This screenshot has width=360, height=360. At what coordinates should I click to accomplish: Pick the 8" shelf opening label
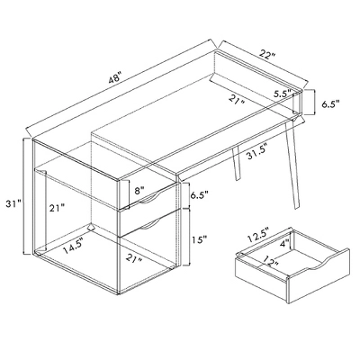138,190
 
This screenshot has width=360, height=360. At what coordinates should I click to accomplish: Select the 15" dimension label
200,240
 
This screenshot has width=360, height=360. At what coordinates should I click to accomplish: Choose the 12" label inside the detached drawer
267,263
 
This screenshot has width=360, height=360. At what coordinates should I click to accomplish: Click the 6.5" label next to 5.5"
330,104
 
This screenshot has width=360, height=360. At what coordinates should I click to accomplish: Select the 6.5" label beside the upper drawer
200,195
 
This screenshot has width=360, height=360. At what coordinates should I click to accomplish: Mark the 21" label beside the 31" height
57,209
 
